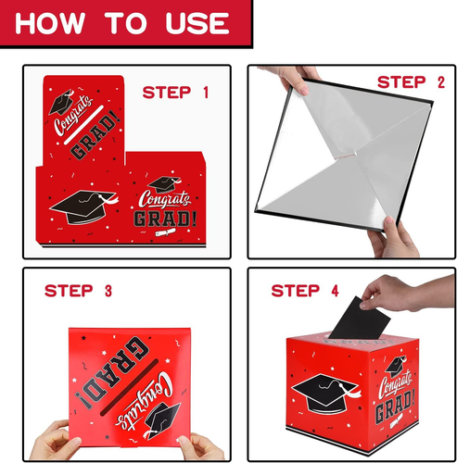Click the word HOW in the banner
[50, 23]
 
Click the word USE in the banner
[197, 23]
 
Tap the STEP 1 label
[175, 93]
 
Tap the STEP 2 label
[411, 82]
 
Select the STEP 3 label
[78, 291]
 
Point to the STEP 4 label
[305, 291]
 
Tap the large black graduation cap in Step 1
[83, 206]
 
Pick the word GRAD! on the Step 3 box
[116, 372]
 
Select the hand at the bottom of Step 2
[394, 238]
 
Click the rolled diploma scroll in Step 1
[165, 232]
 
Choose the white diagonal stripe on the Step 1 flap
[83, 125]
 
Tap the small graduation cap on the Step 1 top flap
[62, 101]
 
